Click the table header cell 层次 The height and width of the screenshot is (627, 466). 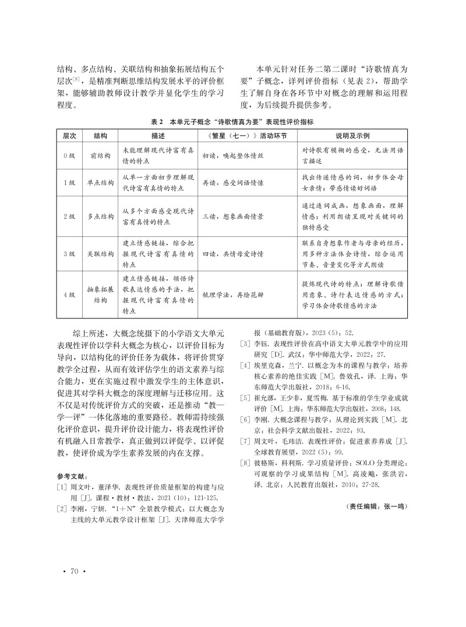(x=69, y=135)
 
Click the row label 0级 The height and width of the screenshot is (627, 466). (x=69, y=156)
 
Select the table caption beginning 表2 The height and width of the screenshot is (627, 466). (x=232, y=122)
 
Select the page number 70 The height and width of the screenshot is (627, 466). (x=74, y=571)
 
